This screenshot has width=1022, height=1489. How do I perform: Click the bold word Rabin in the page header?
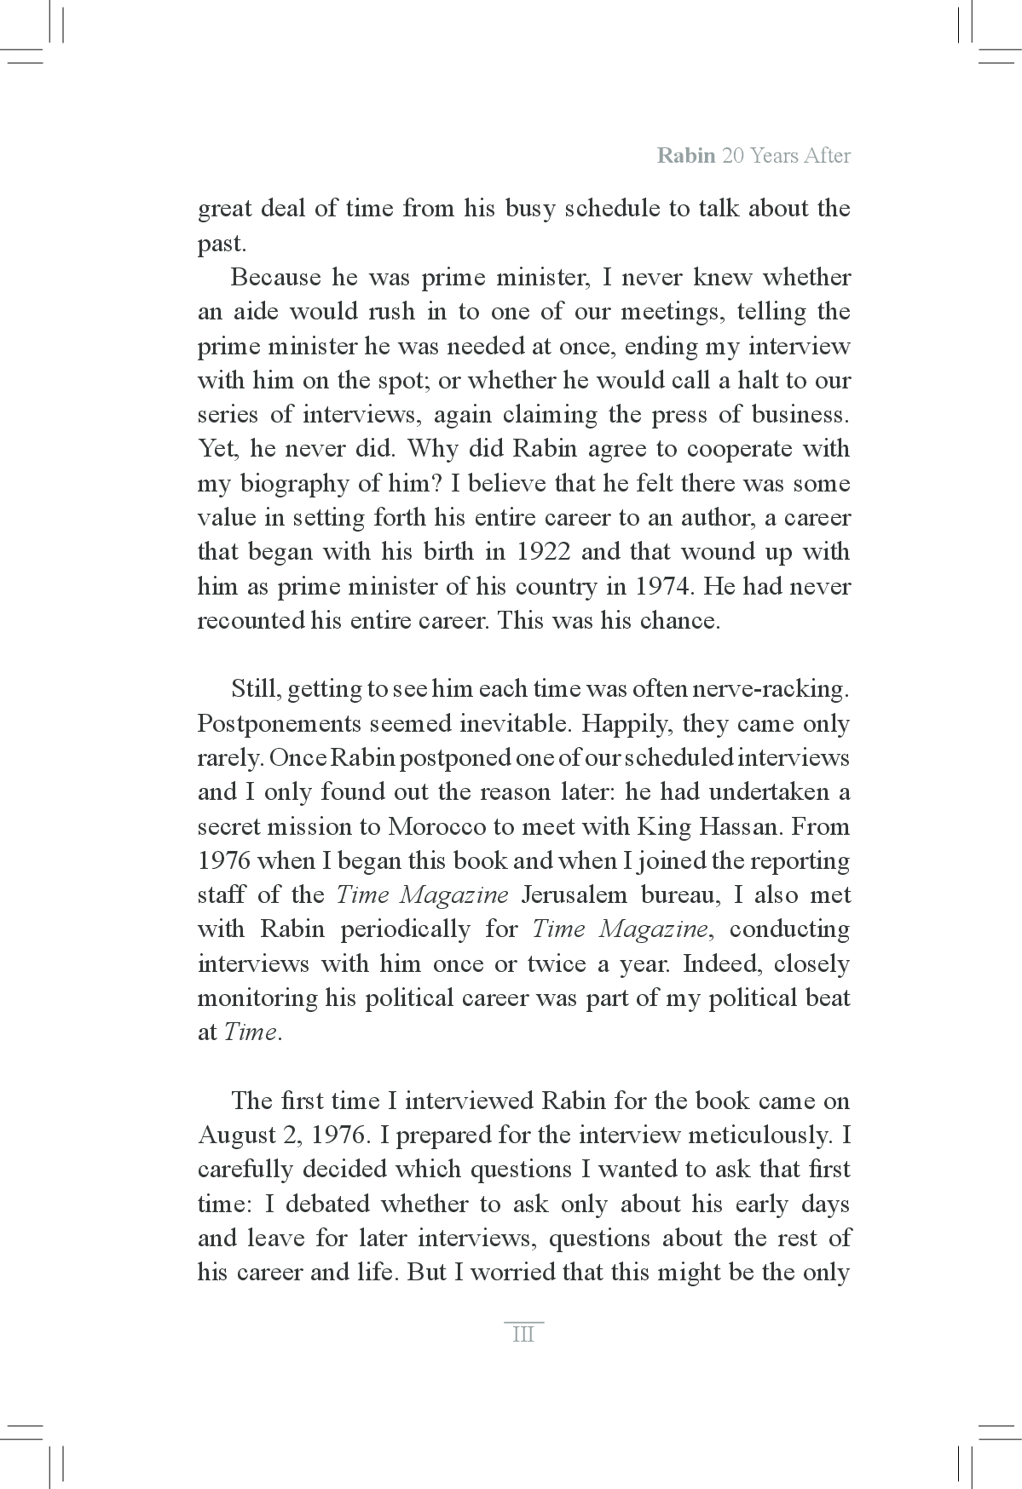[685, 157]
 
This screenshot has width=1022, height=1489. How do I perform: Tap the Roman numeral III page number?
[523, 1335]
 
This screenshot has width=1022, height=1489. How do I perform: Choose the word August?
[231, 1135]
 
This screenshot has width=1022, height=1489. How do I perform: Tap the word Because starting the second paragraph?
[274, 278]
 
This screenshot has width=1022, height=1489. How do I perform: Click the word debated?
[326, 1204]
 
